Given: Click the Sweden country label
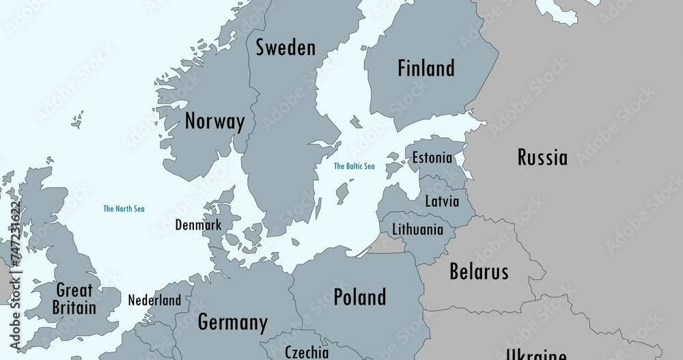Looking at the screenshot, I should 285,48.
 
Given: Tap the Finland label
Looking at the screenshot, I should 426,68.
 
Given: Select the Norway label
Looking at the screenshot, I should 214,122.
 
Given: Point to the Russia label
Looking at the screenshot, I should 542,158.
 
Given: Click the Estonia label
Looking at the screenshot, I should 432,158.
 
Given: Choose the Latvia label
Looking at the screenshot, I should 442,202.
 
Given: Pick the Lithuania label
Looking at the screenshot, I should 417,230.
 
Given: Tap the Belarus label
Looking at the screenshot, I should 479,272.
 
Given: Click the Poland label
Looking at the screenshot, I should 359,297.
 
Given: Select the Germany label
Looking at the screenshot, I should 232,322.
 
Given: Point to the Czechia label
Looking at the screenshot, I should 306,352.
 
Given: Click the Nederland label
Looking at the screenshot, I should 155,300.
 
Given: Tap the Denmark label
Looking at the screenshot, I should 198,225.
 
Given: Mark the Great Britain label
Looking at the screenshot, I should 74,299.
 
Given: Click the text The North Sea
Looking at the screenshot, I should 124,209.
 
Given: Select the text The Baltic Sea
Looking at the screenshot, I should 354,166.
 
